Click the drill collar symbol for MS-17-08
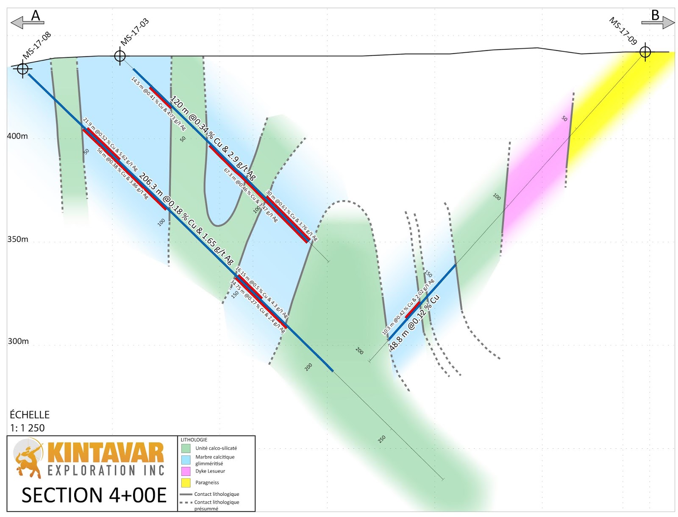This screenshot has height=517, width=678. point(22,68)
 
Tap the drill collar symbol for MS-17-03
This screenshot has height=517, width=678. point(120,55)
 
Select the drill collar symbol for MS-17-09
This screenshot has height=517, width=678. point(645,52)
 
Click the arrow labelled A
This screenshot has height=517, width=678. point(27,22)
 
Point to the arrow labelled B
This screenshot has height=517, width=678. point(658,22)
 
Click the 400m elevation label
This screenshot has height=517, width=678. point(17,136)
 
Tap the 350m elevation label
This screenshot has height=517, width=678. point(18,239)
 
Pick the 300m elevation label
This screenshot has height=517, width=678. point(18,341)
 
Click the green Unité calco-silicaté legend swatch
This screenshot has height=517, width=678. point(186,448)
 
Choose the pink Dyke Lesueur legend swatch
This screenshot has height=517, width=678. point(186,471)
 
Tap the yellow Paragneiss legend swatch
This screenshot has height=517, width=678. point(186,483)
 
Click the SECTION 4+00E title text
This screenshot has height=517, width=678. point(94,495)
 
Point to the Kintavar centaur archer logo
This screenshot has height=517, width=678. point(28,458)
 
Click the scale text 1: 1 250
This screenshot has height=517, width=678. point(28,428)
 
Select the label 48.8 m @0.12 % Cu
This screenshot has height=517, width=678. point(414,322)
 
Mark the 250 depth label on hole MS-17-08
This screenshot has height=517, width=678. point(382,439)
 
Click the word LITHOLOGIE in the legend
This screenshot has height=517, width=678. point(194,440)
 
